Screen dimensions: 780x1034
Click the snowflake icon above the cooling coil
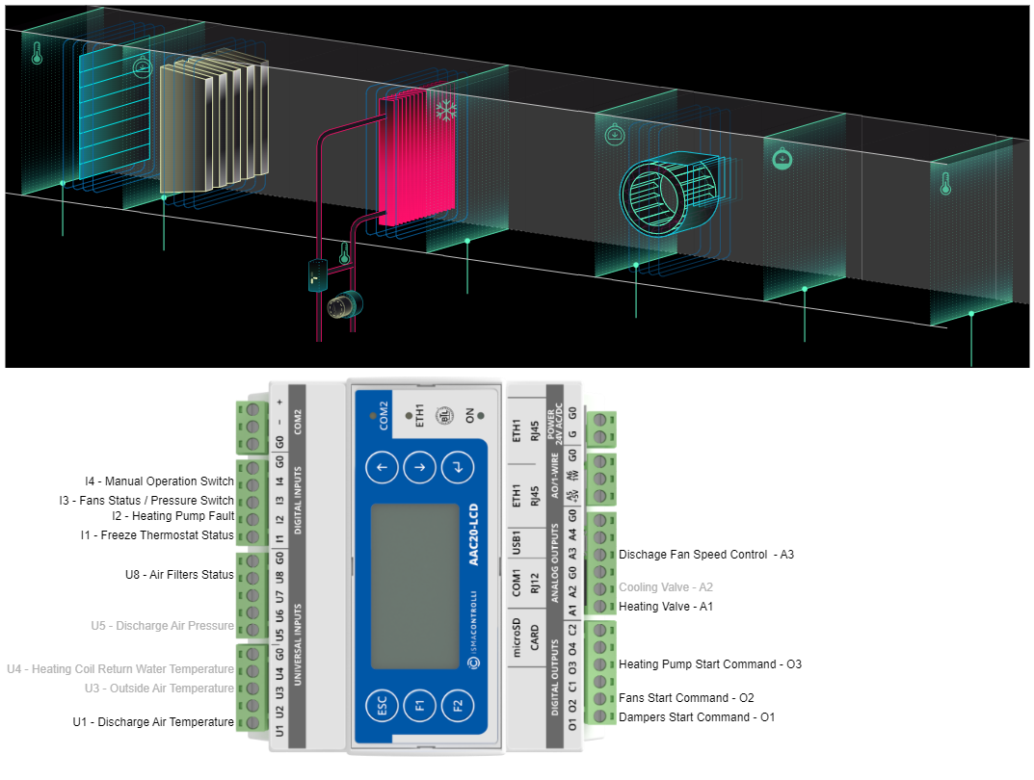pos(445,111)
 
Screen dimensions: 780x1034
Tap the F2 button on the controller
pos(458,706)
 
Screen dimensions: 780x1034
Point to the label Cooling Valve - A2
pos(666,586)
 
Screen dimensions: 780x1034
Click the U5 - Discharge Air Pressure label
pos(163,626)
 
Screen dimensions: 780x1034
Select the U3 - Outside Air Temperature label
pos(159,689)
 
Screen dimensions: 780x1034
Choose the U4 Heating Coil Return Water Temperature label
pos(120,669)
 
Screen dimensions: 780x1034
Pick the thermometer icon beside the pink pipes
pos(344,255)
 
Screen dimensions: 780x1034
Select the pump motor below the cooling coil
pos(342,306)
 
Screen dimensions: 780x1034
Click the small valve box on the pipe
pos(317,275)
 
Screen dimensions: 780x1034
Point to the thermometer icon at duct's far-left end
pos(37,53)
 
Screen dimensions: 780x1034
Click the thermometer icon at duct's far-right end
pos(945,183)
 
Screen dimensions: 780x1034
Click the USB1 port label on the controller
pos(517,541)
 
